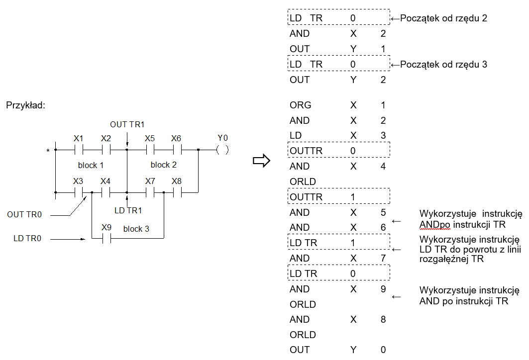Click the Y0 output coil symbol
click(x=222, y=150)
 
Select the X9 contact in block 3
click(x=106, y=239)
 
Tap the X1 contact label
click(x=78, y=138)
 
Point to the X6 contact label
click(x=176, y=138)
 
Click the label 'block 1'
click(x=91, y=165)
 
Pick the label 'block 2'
click(x=164, y=165)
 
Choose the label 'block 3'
click(x=136, y=229)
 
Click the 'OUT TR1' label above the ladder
click(x=127, y=124)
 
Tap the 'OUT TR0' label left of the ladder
click(x=24, y=214)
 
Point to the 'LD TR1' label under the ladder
click(x=128, y=211)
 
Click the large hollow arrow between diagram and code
click(x=261, y=161)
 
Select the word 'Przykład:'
click(x=26, y=105)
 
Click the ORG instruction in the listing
click(x=300, y=105)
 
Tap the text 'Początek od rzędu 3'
click(x=443, y=64)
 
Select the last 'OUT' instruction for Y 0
click(x=300, y=350)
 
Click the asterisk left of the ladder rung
click(x=48, y=151)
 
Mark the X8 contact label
click(x=177, y=181)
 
